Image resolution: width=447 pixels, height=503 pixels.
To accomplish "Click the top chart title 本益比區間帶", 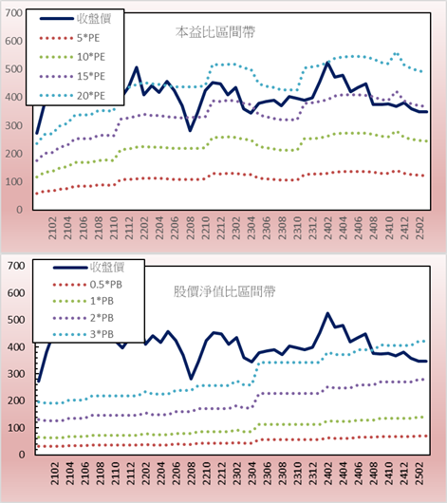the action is pyautogui.click(x=215, y=32).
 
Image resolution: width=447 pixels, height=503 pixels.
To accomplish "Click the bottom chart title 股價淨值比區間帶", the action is pyautogui.click(x=225, y=291).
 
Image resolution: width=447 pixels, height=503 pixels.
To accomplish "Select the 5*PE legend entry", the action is pyautogui.click(x=69, y=38).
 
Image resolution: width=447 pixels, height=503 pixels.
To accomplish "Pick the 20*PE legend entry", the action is pyautogui.click(x=72, y=96).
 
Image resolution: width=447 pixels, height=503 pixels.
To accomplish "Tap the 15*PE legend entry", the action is pyautogui.click(x=72, y=76).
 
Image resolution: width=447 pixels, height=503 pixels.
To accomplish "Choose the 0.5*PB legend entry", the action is pyautogui.click(x=87, y=285).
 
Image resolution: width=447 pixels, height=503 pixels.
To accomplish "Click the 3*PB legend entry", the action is pyautogui.click(x=84, y=334).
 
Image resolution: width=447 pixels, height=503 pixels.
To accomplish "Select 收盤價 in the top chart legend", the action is pyautogui.click(x=75, y=19).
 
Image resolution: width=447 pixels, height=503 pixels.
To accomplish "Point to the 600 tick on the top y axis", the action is pyautogui.click(x=13, y=41).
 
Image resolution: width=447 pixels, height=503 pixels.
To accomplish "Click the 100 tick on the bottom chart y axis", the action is pyautogui.click(x=16, y=428).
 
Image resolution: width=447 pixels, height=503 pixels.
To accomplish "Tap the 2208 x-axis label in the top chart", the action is pyautogui.click(x=191, y=228).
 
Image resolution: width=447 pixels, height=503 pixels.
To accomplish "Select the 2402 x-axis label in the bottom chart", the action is pyautogui.click(x=328, y=474).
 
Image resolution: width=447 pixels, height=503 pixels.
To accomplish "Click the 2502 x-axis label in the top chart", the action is pyautogui.click(x=419, y=228).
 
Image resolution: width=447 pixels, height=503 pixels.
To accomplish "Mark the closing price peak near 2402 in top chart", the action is pyautogui.click(x=327, y=63).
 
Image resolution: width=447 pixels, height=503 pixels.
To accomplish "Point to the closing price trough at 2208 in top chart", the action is pyautogui.click(x=191, y=130).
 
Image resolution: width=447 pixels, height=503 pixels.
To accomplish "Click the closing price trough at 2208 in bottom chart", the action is pyautogui.click(x=191, y=379).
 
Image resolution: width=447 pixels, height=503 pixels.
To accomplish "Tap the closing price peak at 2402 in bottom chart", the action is pyautogui.click(x=328, y=313).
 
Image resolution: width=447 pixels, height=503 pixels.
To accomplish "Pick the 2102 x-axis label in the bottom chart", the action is pyautogui.click(x=55, y=474).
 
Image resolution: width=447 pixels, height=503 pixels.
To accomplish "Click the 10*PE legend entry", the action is pyautogui.click(x=72, y=57).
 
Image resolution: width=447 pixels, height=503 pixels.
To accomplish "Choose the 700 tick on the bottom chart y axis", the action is pyautogui.click(x=16, y=266).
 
